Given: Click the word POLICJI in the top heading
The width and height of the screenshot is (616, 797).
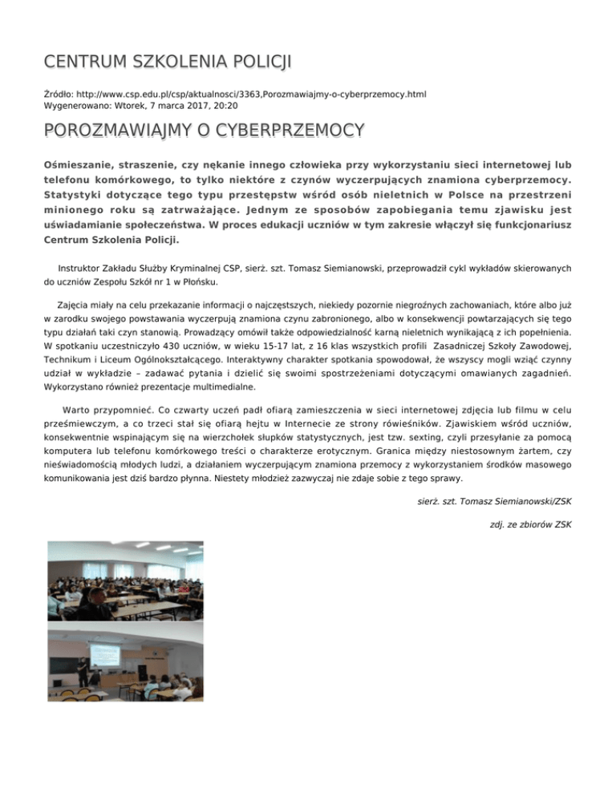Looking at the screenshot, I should [x=249, y=62].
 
